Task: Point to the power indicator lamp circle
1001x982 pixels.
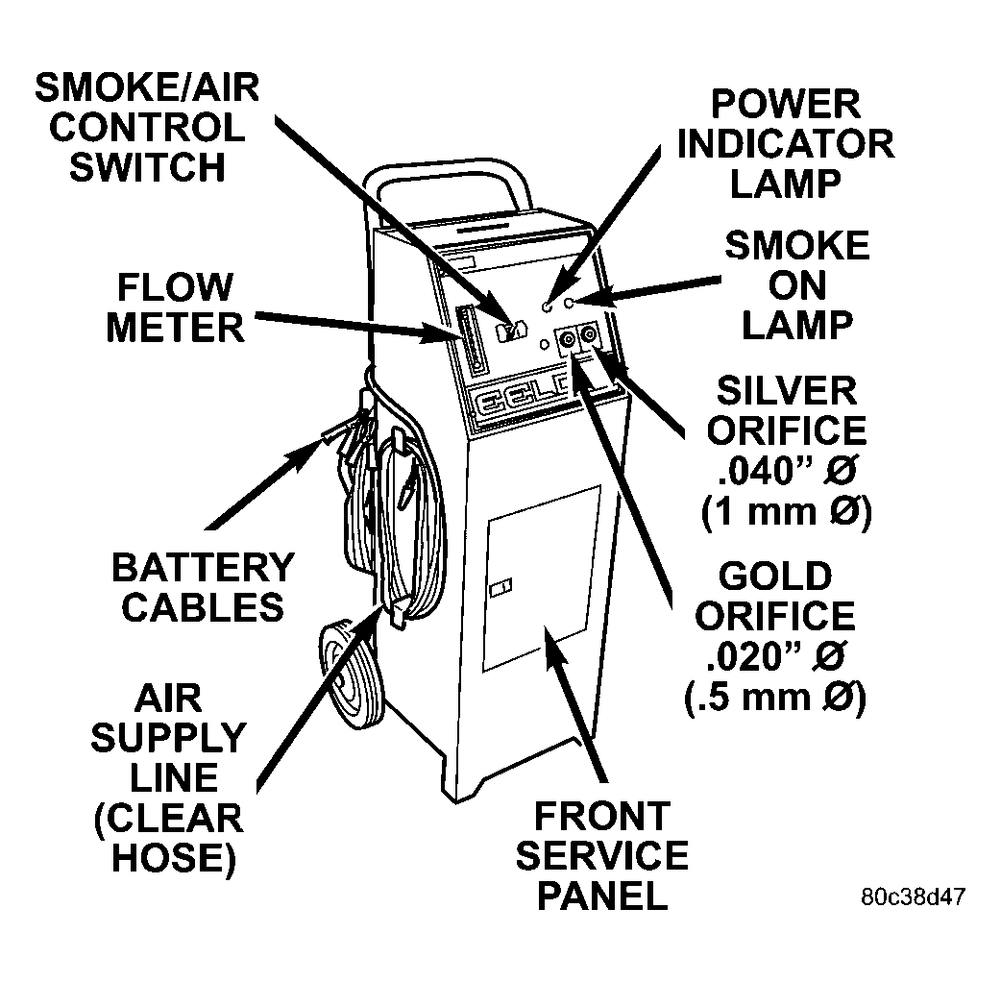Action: click(x=547, y=307)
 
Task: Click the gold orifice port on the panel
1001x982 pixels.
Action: click(x=567, y=338)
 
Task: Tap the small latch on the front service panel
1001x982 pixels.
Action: click(x=501, y=586)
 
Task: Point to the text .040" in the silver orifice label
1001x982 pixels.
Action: click(x=758, y=471)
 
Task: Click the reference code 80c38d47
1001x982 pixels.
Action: click(x=913, y=896)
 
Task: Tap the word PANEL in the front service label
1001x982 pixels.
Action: click(x=601, y=896)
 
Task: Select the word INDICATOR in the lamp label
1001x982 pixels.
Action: click(x=785, y=143)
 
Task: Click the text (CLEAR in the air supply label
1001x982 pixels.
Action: click(x=167, y=818)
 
